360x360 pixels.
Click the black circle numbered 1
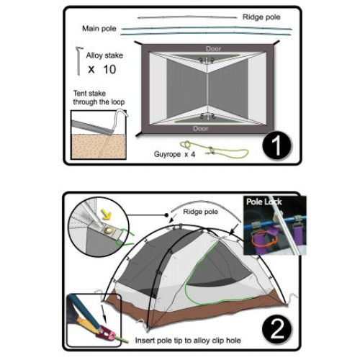(277, 145)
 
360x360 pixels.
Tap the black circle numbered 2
(277, 329)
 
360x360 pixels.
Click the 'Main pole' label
(99, 29)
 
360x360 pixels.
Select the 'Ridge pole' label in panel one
(261, 17)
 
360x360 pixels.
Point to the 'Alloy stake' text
(104, 55)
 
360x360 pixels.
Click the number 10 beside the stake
(109, 69)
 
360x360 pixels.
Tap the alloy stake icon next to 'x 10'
(78, 61)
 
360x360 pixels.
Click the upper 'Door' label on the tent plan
(213, 49)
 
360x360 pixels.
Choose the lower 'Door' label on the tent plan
(201, 128)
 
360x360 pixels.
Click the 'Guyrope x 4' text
(174, 154)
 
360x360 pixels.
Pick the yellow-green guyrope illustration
(215, 150)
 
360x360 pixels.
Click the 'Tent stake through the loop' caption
(99, 97)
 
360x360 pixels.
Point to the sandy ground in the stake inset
(99, 146)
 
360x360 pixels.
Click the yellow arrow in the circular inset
(107, 215)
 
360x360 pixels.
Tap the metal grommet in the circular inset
(107, 230)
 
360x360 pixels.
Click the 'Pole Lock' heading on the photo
(264, 202)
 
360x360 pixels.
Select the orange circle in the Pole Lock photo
(264, 239)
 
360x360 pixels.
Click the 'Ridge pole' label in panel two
(200, 212)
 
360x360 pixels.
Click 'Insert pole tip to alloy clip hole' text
(188, 341)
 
